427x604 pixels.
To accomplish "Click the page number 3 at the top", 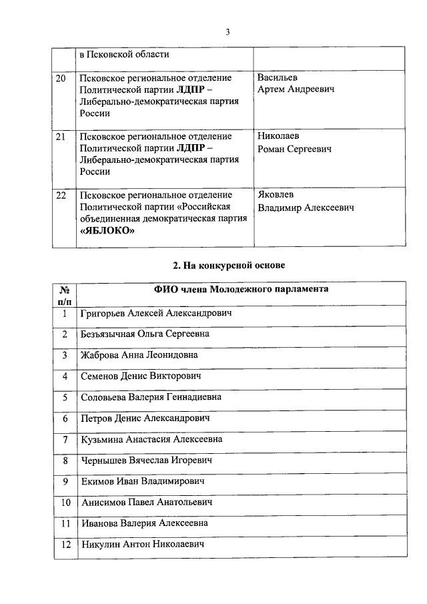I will click(227, 31).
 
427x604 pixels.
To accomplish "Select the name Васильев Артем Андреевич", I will click(296, 83).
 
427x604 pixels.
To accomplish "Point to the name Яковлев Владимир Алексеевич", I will click(306, 201).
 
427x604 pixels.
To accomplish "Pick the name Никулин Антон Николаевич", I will click(141, 545).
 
